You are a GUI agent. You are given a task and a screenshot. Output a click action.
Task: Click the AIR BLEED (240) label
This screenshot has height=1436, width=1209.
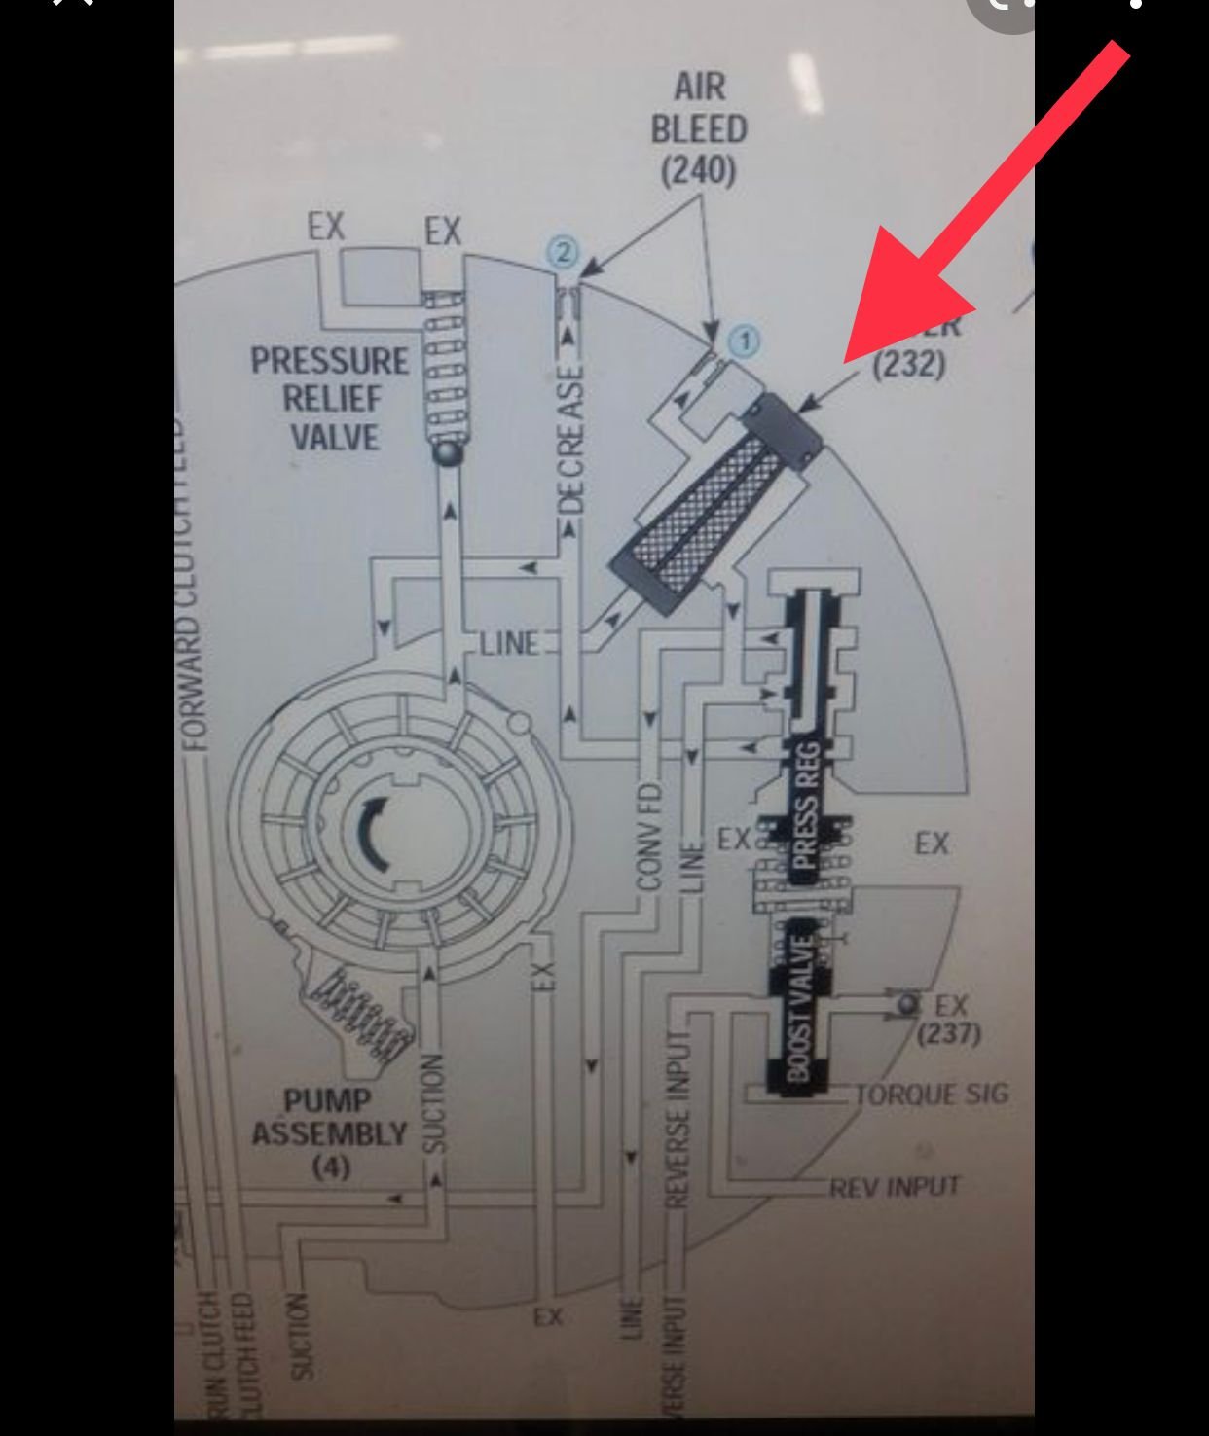click(x=699, y=128)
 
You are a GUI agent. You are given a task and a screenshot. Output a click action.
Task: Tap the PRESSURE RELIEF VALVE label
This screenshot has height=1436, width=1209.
click(x=330, y=399)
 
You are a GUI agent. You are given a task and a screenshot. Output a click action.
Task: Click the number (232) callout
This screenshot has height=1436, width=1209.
click(x=909, y=365)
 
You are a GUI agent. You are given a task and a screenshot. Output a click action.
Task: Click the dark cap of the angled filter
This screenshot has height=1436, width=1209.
click(x=785, y=428)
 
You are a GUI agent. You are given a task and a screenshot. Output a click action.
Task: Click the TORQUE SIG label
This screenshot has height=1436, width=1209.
click(x=933, y=1095)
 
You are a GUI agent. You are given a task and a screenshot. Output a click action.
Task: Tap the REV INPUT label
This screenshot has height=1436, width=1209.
click(x=895, y=1187)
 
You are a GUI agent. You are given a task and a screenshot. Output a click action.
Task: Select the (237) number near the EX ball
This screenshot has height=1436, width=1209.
click(x=949, y=1032)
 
